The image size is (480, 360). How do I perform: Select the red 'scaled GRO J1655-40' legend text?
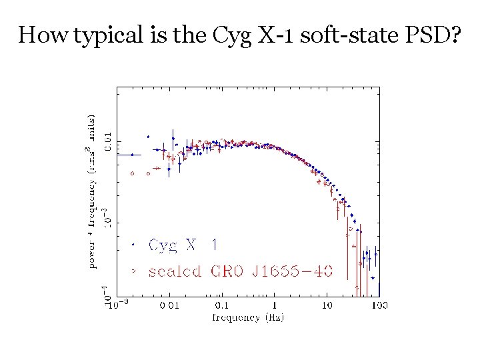click(241, 271)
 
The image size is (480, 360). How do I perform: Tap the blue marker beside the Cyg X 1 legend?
click(133, 245)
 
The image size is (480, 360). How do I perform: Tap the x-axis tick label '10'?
click(327, 305)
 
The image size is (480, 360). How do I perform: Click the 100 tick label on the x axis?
click(380, 305)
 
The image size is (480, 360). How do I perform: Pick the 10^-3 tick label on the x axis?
click(117, 305)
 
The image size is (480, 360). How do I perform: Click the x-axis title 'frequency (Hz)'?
click(248, 317)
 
